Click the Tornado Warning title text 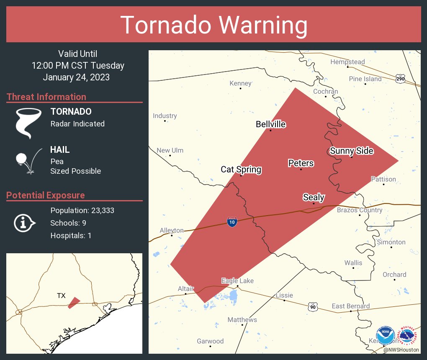click(x=214, y=25)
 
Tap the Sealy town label click(x=314, y=197)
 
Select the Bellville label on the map click(x=271, y=124)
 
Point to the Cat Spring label click(x=241, y=170)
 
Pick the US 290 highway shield click(x=400, y=78)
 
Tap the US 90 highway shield click(x=313, y=307)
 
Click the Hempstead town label click(x=347, y=62)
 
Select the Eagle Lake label click(x=237, y=281)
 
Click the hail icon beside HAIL click(x=28, y=160)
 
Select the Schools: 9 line click(x=68, y=223)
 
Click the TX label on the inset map click(x=61, y=296)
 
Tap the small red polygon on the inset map click(x=74, y=303)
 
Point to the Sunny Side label click(x=352, y=151)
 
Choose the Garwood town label click(x=211, y=341)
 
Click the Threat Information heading click(x=46, y=97)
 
